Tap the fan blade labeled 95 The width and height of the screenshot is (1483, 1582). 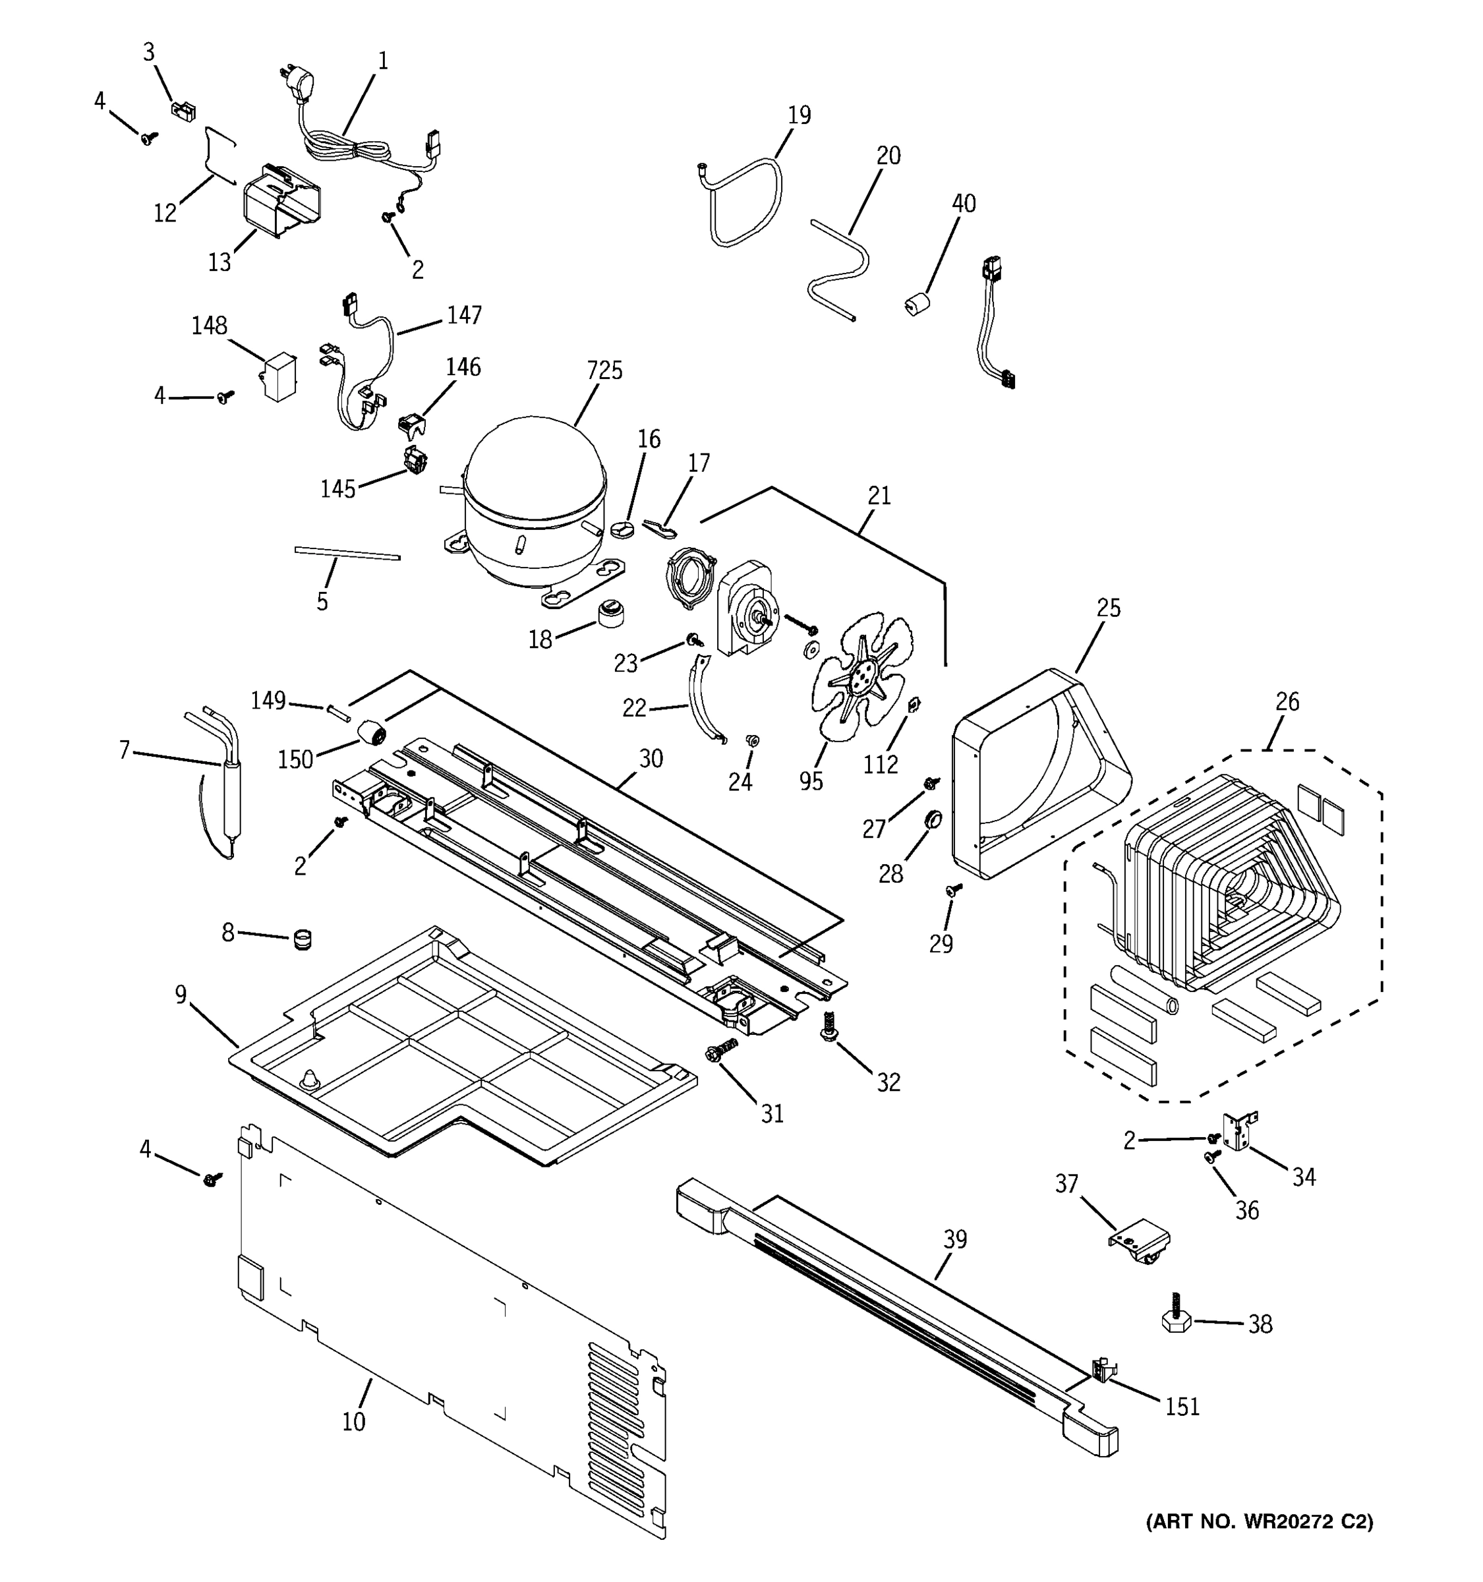[861, 676]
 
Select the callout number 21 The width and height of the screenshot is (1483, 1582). [879, 496]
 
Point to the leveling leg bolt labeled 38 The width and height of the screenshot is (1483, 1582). [1175, 1322]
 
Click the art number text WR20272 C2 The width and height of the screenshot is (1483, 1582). [1260, 1521]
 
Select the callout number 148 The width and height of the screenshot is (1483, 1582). [209, 326]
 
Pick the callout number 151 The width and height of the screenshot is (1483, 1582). [1182, 1407]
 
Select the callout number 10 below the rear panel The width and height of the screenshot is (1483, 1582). [353, 1421]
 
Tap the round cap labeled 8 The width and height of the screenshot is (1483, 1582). [301, 939]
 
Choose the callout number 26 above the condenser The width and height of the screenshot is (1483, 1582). [1287, 702]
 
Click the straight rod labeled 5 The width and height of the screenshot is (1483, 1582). [347, 553]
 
